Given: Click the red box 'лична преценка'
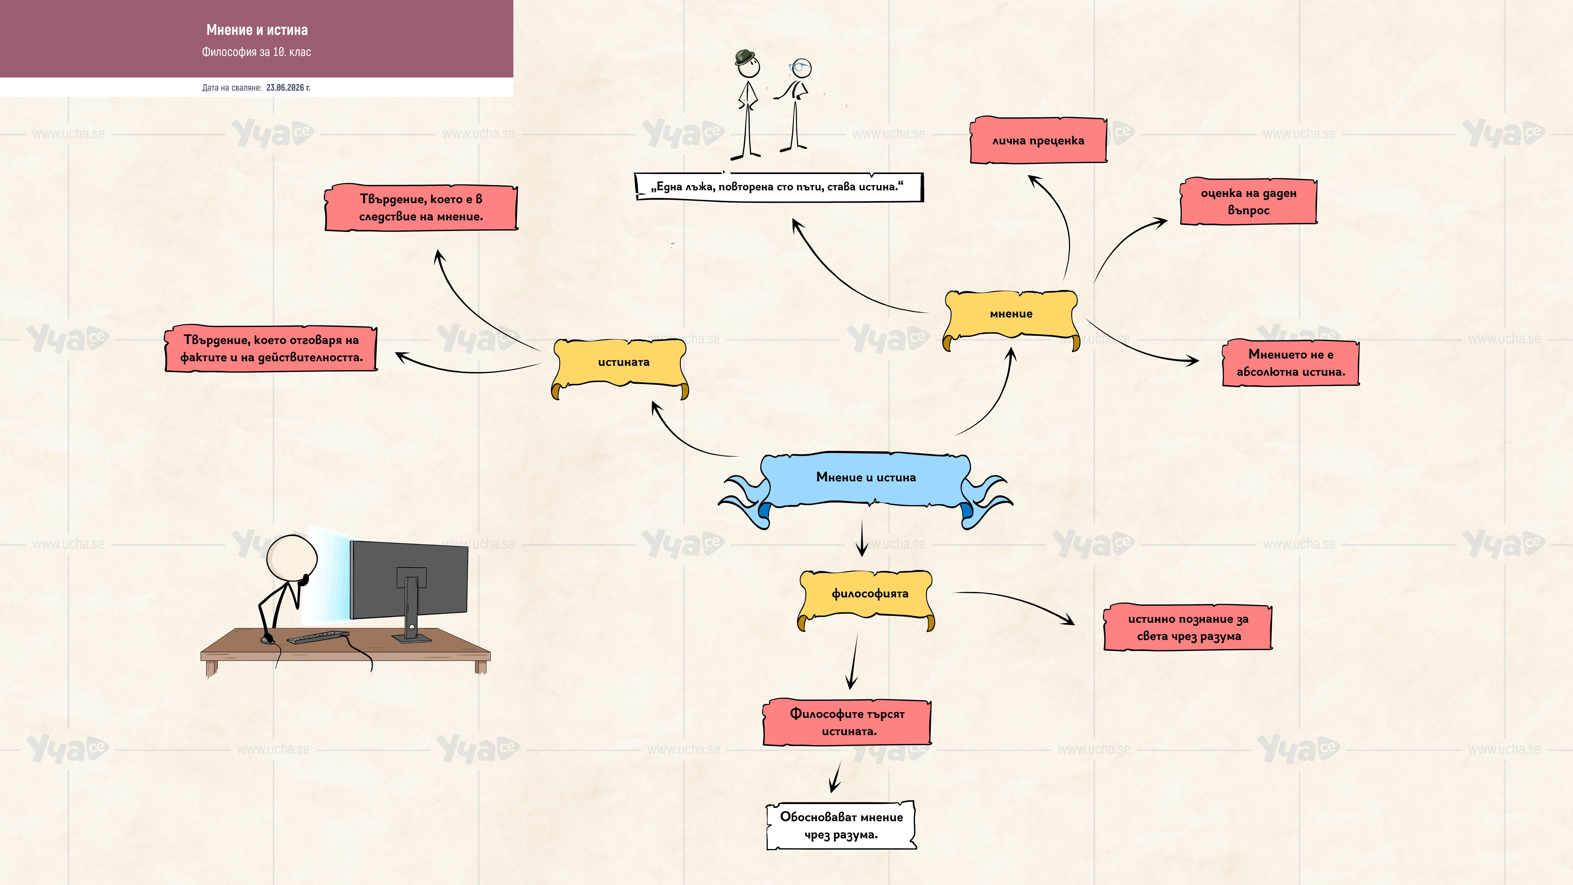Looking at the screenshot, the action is click(x=1038, y=140).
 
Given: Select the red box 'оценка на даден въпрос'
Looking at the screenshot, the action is click(x=1248, y=201).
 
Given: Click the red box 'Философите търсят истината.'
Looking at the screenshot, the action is click(x=847, y=722).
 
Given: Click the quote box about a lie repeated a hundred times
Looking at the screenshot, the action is click(x=779, y=187).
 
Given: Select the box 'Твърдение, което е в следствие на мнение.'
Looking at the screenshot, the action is click(x=421, y=208).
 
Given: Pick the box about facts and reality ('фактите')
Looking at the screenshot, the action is click(x=271, y=349).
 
